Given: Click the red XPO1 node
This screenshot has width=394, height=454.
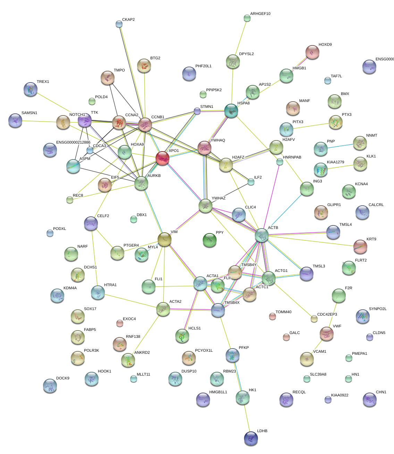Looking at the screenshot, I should pyautogui.click(x=162, y=158).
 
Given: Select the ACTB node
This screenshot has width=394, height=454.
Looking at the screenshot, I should pyautogui.click(x=262, y=235).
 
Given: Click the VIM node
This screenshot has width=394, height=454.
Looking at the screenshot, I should pyautogui.click(x=165, y=239).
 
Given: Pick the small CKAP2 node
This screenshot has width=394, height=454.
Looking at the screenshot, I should pyautogui.click(x=119, y=24).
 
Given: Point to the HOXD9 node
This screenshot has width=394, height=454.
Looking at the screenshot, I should pyautogui.click(x=312, y=52).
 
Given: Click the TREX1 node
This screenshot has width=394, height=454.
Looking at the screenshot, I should pyautogui.click(x=31, y=89).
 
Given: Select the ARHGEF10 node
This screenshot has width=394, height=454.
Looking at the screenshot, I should pyautogui.click(x=247, y=18).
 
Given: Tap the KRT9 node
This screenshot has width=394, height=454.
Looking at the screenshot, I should pyautogui.click(x=360, y=247).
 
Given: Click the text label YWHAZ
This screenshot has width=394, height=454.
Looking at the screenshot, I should pyautogui.click(x=218, y=198).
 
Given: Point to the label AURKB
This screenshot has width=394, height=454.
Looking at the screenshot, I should pyautogui.click(x=154, y=176).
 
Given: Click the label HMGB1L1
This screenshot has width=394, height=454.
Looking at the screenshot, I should pyautogui.click(x=218, y=392).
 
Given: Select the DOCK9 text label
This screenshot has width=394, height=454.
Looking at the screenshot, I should pyautogui.click(x=63, y=378).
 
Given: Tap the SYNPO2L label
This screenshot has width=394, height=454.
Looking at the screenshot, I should pyautogui.click(x=378, y=309).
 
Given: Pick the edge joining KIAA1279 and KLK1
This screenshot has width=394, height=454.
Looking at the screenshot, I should pyautogui.click(x=341, y=167).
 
